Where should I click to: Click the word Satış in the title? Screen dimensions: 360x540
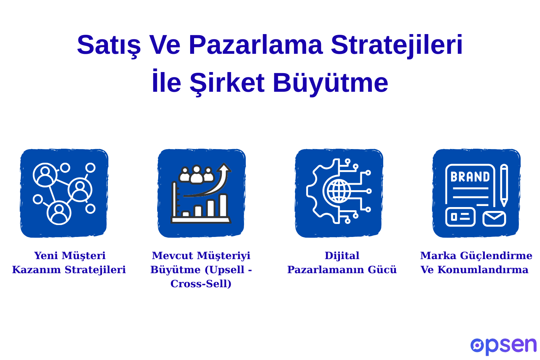point(109,45)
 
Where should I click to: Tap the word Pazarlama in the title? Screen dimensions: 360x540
point(256,45)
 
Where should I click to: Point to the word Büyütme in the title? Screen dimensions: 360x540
point(330,83)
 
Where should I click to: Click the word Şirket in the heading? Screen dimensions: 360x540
point(227,83)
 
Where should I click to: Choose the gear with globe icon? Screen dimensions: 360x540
point(339,193)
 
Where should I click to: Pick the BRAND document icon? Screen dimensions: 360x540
point(476,193)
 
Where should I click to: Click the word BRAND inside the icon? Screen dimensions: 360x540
point(470,177)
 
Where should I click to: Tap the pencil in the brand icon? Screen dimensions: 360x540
point(504,185)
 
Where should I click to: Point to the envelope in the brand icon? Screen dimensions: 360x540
point(494,219)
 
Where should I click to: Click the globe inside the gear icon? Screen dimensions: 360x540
point(339,191)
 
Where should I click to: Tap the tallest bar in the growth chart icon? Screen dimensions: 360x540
point(223,206)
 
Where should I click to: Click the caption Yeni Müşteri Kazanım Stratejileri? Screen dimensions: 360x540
point(69,263)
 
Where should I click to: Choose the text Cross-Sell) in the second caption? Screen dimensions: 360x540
point(201,284)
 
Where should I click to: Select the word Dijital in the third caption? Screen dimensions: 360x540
point(342,256)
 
